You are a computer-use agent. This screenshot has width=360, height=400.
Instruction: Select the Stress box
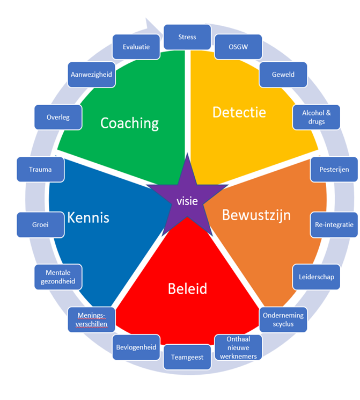coord(187,38)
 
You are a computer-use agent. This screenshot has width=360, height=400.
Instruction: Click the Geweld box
coord(283,75)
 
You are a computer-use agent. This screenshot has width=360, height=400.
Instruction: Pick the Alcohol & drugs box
coord(317,117)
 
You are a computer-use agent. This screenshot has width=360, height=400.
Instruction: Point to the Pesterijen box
coord(334,169)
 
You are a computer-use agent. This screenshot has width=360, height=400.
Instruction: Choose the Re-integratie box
coord(334,224)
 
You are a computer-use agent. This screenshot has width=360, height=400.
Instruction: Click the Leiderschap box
coord(317,277)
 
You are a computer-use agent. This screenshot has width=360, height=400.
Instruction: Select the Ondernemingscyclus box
coord(283,319)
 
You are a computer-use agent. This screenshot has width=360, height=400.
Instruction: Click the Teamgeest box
coord(187,357)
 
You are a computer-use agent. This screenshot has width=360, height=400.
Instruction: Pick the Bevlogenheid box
coord(136,347)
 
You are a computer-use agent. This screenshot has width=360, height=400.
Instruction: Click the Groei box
coord(40,224)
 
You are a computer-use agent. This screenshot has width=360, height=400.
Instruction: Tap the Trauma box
coord(40,169)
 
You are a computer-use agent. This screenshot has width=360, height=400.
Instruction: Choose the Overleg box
coord(58,117)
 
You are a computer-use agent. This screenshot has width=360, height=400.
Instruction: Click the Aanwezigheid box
coord(91,75)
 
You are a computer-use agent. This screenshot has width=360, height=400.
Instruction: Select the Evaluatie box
coord(136,47)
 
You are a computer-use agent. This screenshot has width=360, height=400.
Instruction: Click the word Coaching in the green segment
coord(130,123)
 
